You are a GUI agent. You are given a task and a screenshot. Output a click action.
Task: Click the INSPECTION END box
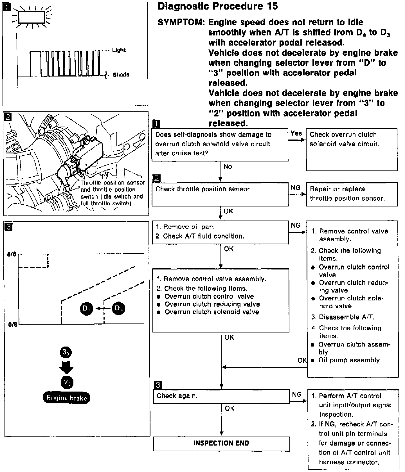221,443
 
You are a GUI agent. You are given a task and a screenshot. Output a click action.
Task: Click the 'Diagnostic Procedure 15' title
218,6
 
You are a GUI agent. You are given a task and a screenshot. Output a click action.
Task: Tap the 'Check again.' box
221,396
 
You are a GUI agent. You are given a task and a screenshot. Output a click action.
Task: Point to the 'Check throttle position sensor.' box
220,194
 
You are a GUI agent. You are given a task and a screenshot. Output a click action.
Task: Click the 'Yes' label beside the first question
296,133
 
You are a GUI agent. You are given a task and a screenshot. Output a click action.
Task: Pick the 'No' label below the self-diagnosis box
228,167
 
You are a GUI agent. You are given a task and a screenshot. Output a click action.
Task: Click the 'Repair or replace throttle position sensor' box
352,194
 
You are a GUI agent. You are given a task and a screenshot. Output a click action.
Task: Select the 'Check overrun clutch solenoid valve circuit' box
352,149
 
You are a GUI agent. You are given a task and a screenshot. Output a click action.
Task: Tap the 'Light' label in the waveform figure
119,50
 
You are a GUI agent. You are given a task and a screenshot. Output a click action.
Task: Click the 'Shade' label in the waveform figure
121,75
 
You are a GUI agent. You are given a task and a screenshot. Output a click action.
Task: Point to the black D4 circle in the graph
118,309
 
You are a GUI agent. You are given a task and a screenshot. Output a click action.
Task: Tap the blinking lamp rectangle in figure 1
31,17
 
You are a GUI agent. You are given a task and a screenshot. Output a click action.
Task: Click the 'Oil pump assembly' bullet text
349,360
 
